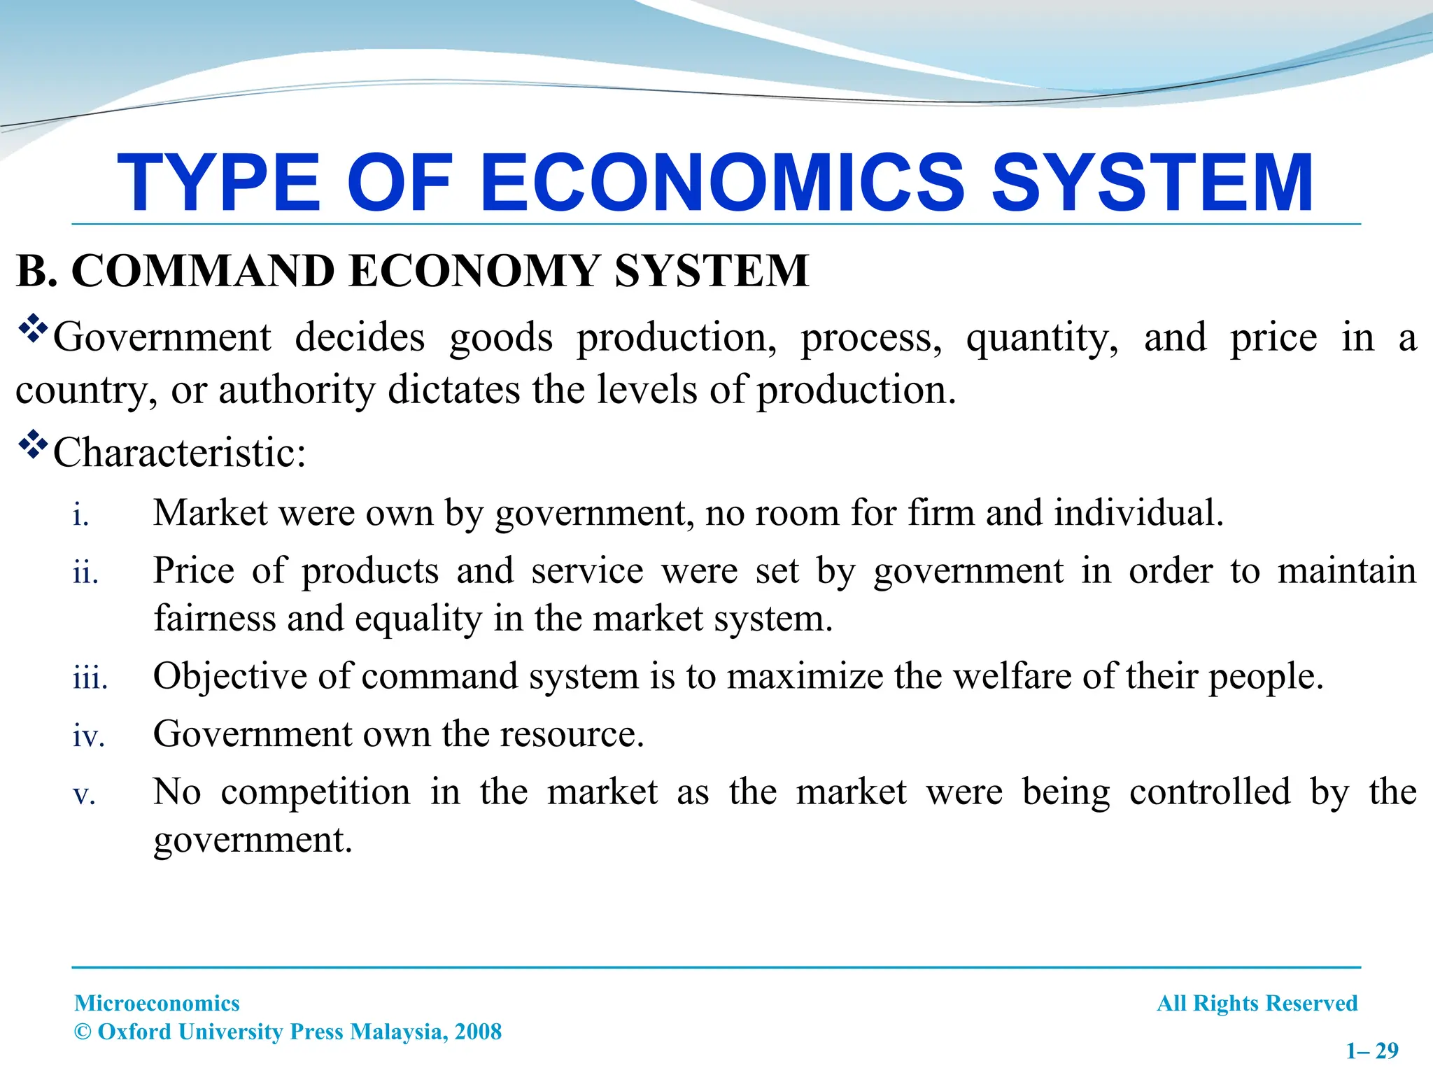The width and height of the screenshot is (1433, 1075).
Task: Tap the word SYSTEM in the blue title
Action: tap(1152, 183)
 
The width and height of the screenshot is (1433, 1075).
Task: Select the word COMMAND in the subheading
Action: tap(203, 271)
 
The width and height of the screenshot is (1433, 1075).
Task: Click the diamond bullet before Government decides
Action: tap(32, 330)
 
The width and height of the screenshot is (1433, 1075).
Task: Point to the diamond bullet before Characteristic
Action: tap(32, 445)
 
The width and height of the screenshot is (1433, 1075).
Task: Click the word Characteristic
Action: tap(179, 453)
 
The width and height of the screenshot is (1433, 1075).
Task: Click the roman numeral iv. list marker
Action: tap(89, 737)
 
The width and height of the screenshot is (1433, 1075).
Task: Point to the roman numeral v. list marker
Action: tap(84, 795)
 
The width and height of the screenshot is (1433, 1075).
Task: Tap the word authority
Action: tap(297, 391)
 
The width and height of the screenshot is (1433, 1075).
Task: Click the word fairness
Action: tap(215, 619)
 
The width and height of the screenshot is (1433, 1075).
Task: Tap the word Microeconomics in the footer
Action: tap(157, 1003)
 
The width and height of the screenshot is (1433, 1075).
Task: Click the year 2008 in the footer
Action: tap(478, 1032)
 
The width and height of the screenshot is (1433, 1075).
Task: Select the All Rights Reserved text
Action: tap(1257, 1003)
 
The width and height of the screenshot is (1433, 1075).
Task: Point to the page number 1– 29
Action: tap(1372, 1051)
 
